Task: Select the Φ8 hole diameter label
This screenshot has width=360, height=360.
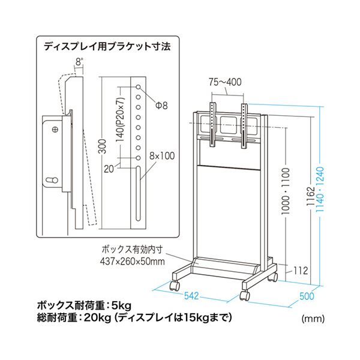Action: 160,105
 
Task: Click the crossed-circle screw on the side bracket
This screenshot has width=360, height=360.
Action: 55,128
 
